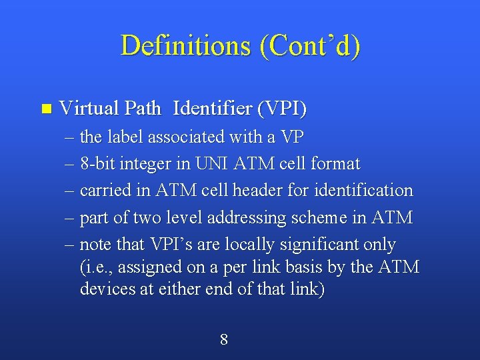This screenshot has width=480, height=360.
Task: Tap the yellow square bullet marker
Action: pos(45,108)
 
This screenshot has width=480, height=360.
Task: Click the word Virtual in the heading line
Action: pos(85,107)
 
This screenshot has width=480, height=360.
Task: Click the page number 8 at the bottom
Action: pos(224,339)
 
